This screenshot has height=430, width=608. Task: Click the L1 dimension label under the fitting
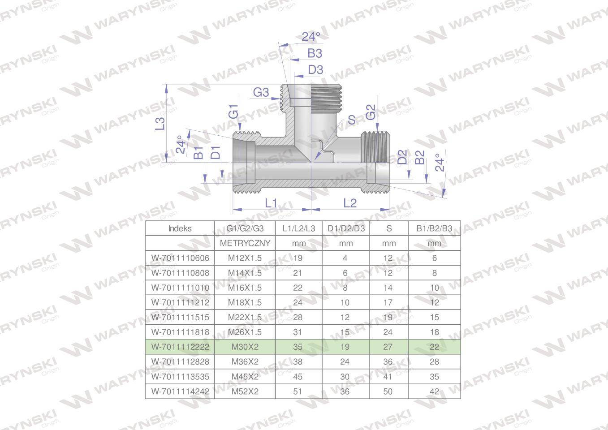click(271, 203)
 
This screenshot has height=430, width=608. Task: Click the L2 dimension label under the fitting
click(349, 203)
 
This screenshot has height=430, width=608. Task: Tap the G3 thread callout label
click(261, 92)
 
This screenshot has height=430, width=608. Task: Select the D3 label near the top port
click(315, 70)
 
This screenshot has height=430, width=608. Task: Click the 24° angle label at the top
click(310, 37)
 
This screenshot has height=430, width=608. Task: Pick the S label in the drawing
click(352, 120)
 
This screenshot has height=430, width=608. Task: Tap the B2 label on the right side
click(420, 157)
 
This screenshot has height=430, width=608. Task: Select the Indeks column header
click(180, 228)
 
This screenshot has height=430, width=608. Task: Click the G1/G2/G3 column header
click(245, 228)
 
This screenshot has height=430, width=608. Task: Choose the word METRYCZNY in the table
click(245, 243)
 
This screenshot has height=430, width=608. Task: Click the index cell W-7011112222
click(180, 347)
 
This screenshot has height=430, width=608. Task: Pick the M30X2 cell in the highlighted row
click(245, 347)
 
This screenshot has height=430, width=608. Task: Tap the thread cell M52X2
click(245, 391)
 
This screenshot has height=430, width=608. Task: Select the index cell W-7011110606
click(180, 258)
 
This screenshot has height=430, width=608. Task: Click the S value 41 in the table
click(388, 376)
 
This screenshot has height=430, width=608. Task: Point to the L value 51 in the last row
click(298, 391)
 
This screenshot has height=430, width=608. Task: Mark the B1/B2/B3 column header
click(434, 228)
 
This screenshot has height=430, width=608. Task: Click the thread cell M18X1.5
click(245, 302)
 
